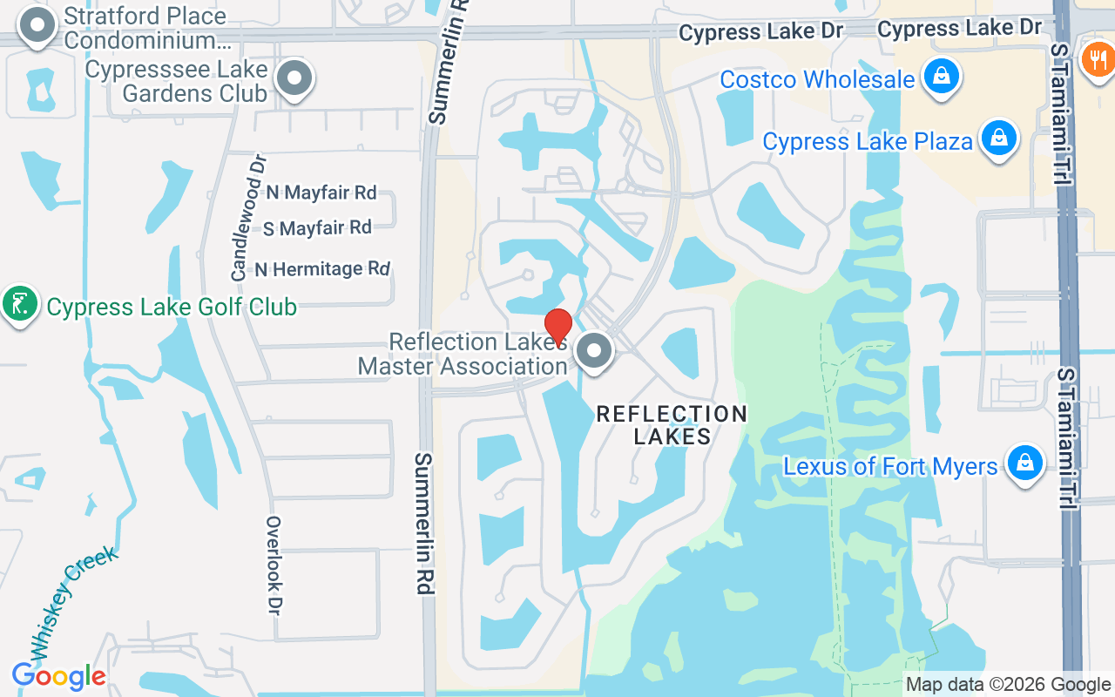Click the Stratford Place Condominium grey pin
point(37,26)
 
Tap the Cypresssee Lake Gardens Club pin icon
point(295,78)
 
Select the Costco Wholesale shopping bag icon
point(941,77)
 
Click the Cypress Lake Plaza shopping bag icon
point(999,138)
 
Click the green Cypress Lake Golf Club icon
point(19,304)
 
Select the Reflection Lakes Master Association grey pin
point(596,352)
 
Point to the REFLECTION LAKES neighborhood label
point(672,425)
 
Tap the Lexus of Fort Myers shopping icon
point(1025,464)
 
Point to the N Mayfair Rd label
point(321,192)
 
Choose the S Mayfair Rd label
point(318,228)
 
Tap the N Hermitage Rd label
point(322,269)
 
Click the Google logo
point(58,676)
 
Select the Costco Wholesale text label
point(817,79)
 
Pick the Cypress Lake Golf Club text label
point(172,307)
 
